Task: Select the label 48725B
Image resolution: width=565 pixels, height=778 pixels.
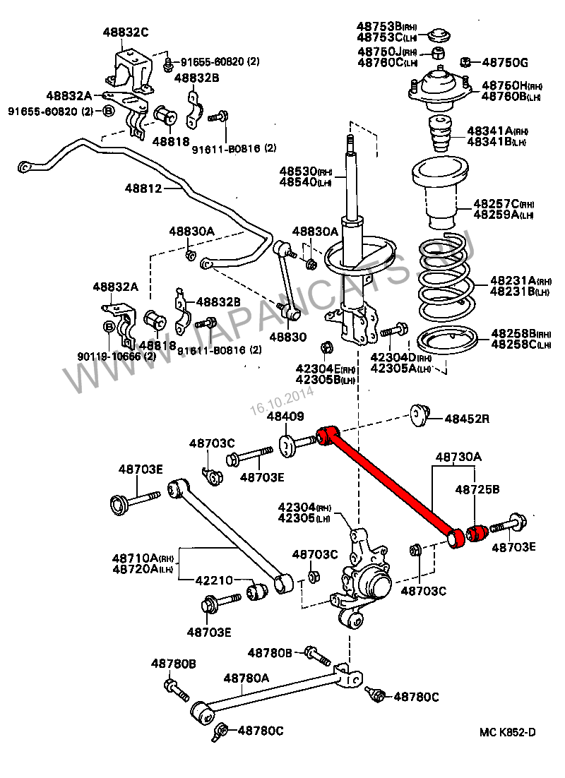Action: pyautogui.click(x=477, y=489)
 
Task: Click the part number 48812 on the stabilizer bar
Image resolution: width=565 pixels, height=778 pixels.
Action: pyautogui.click(x=145, y=188)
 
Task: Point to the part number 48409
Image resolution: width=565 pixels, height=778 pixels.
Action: pyautogui.click(x=285, y=417)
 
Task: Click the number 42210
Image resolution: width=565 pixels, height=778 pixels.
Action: pyautogui.click(x=214, y=580)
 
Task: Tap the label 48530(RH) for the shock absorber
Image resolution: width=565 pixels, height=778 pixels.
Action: pyautogui.click(x=305, y=172)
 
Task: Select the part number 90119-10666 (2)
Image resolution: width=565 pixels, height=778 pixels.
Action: pyautogui.click(x=112, y=356)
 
